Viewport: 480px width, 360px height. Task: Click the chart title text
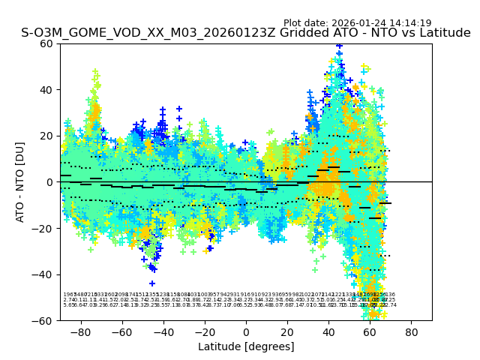246,33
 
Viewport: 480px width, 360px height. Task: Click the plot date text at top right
357,23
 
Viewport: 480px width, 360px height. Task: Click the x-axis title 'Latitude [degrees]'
246,346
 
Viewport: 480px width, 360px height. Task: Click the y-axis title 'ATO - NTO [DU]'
20,181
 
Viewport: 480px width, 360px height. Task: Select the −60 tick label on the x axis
119,331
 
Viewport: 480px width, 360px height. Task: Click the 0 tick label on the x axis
246,331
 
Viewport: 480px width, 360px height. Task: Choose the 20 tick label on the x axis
287,331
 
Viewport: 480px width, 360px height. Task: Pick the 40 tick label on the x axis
328,331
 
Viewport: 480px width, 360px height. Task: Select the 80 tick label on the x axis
412,331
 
